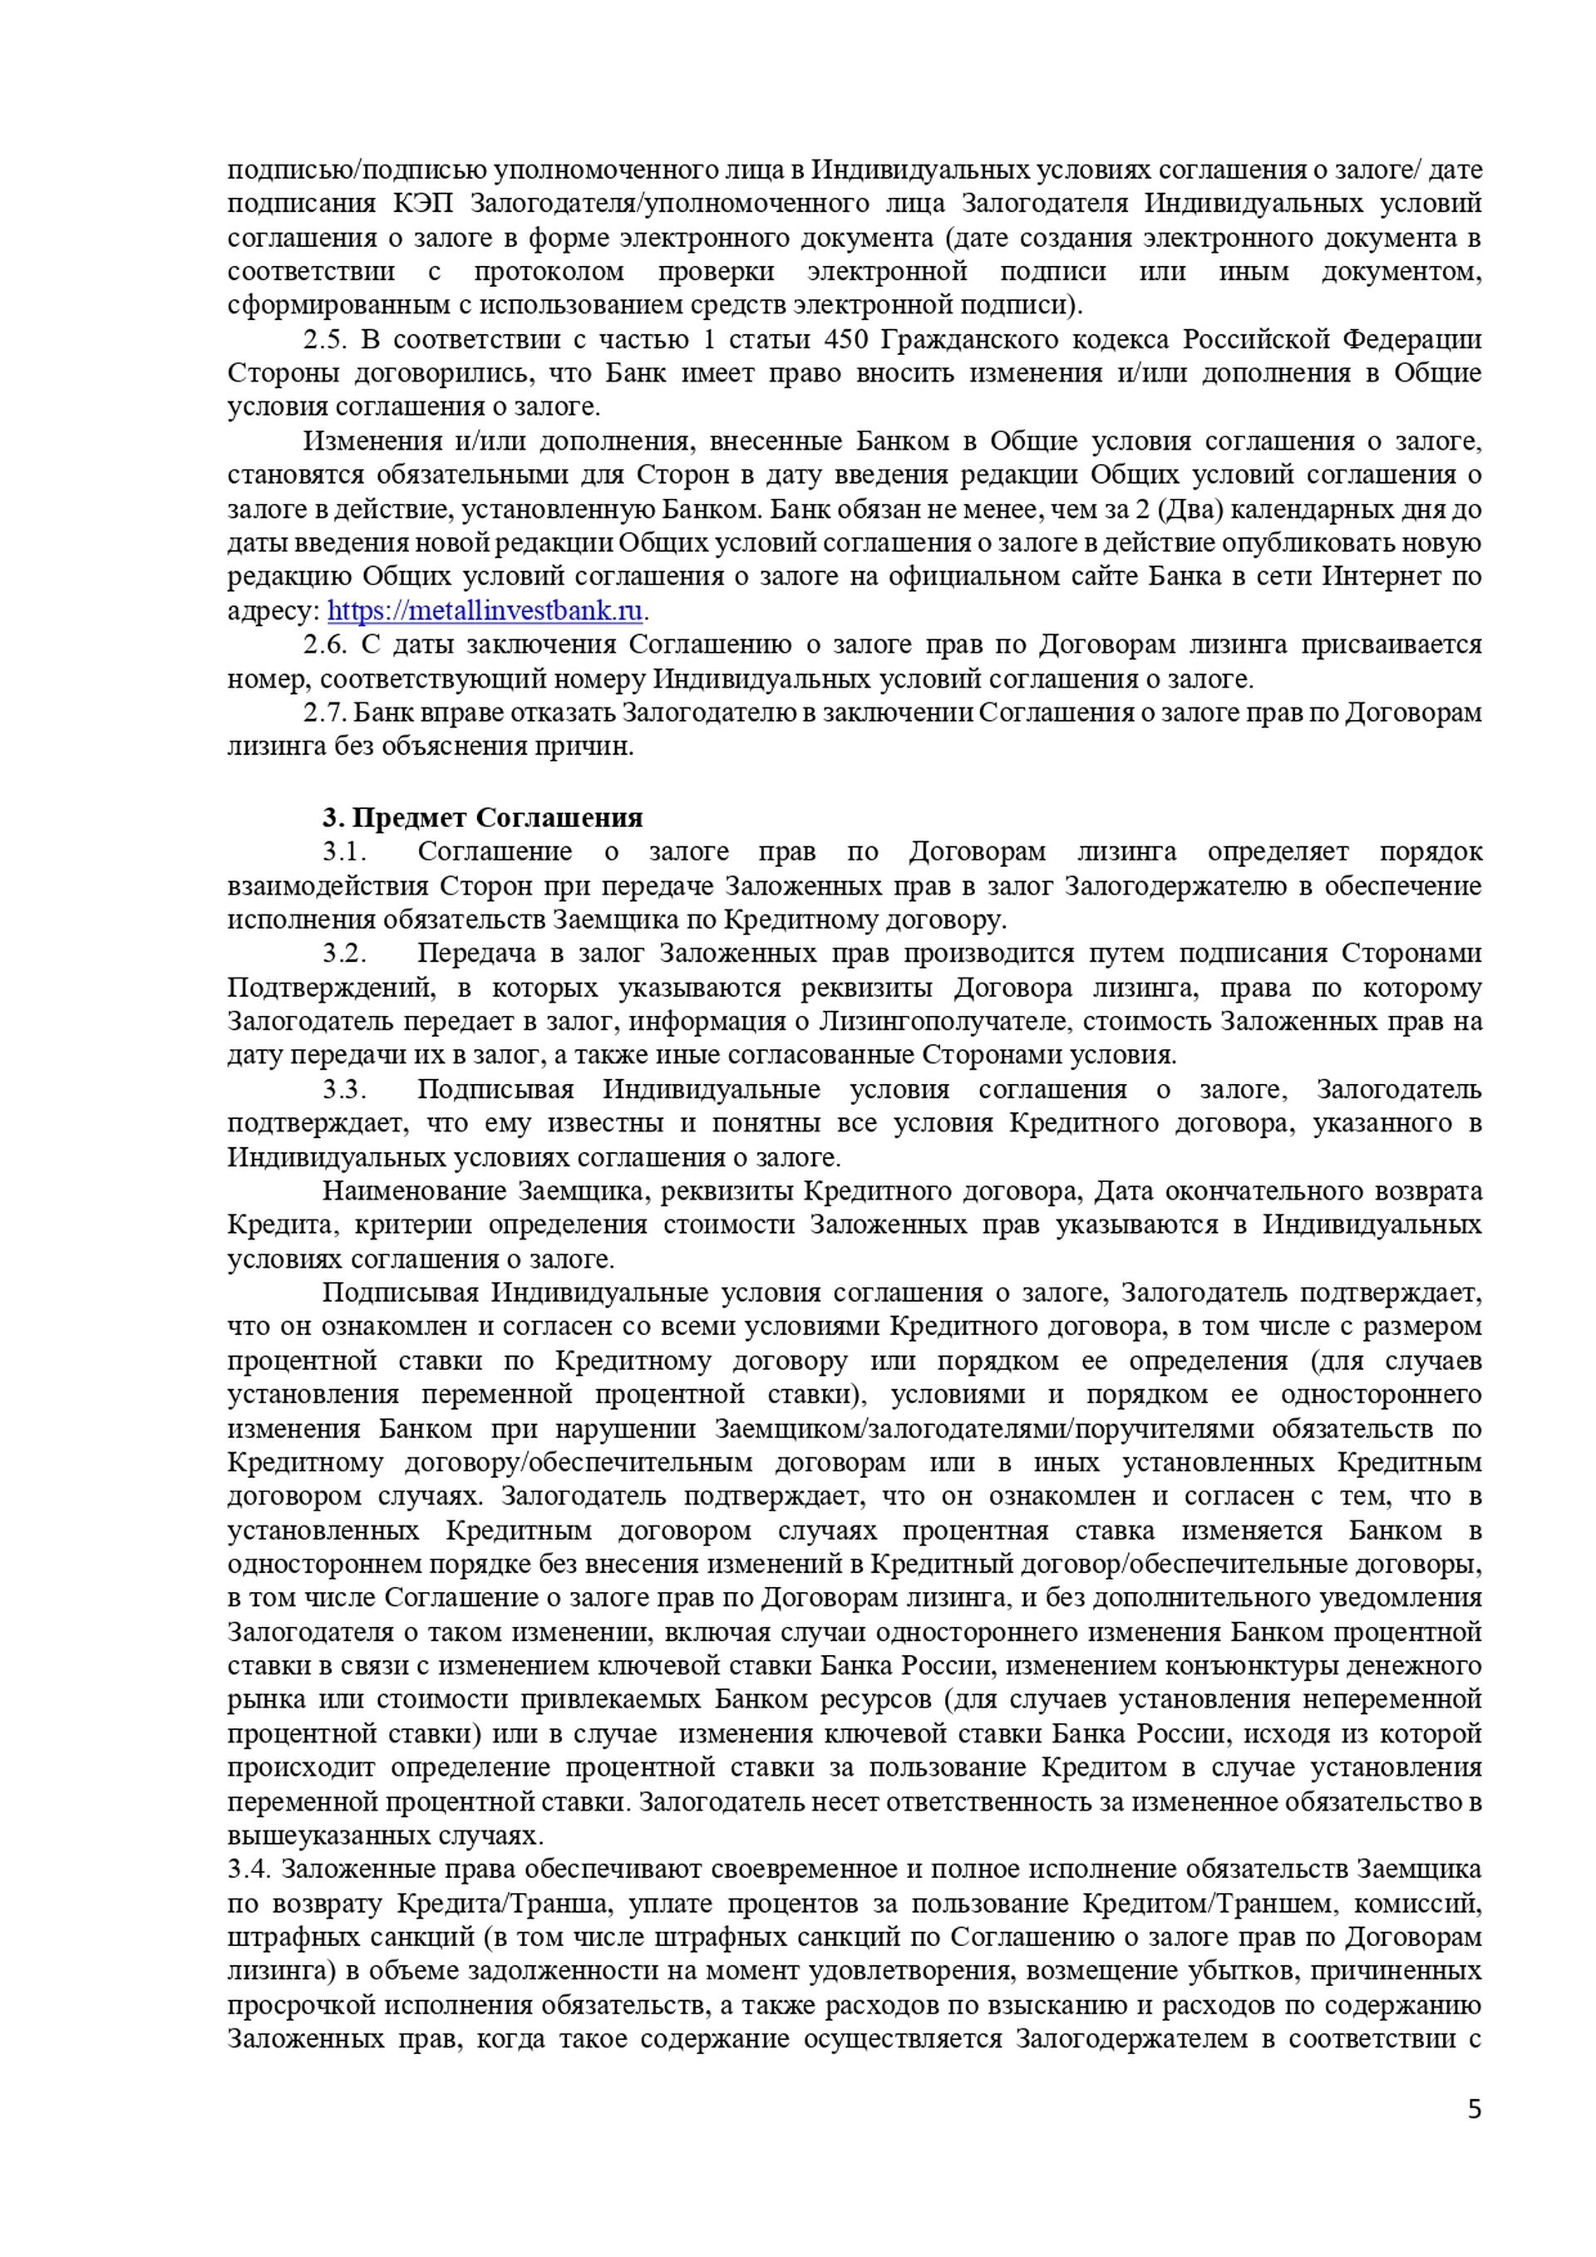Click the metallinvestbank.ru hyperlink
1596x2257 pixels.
tap(485, 610)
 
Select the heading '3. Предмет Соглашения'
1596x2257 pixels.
tap(482, 818)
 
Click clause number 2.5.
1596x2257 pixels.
tap(324, 340)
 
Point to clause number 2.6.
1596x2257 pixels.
tap(324, 645)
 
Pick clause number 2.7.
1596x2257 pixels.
tap(324, 712)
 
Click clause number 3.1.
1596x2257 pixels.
tap(344, 851)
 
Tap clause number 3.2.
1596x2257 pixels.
tap(344, 954)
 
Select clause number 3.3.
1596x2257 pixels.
tap(344, 1089)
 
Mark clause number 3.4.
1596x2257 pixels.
tap(249, 1869)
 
